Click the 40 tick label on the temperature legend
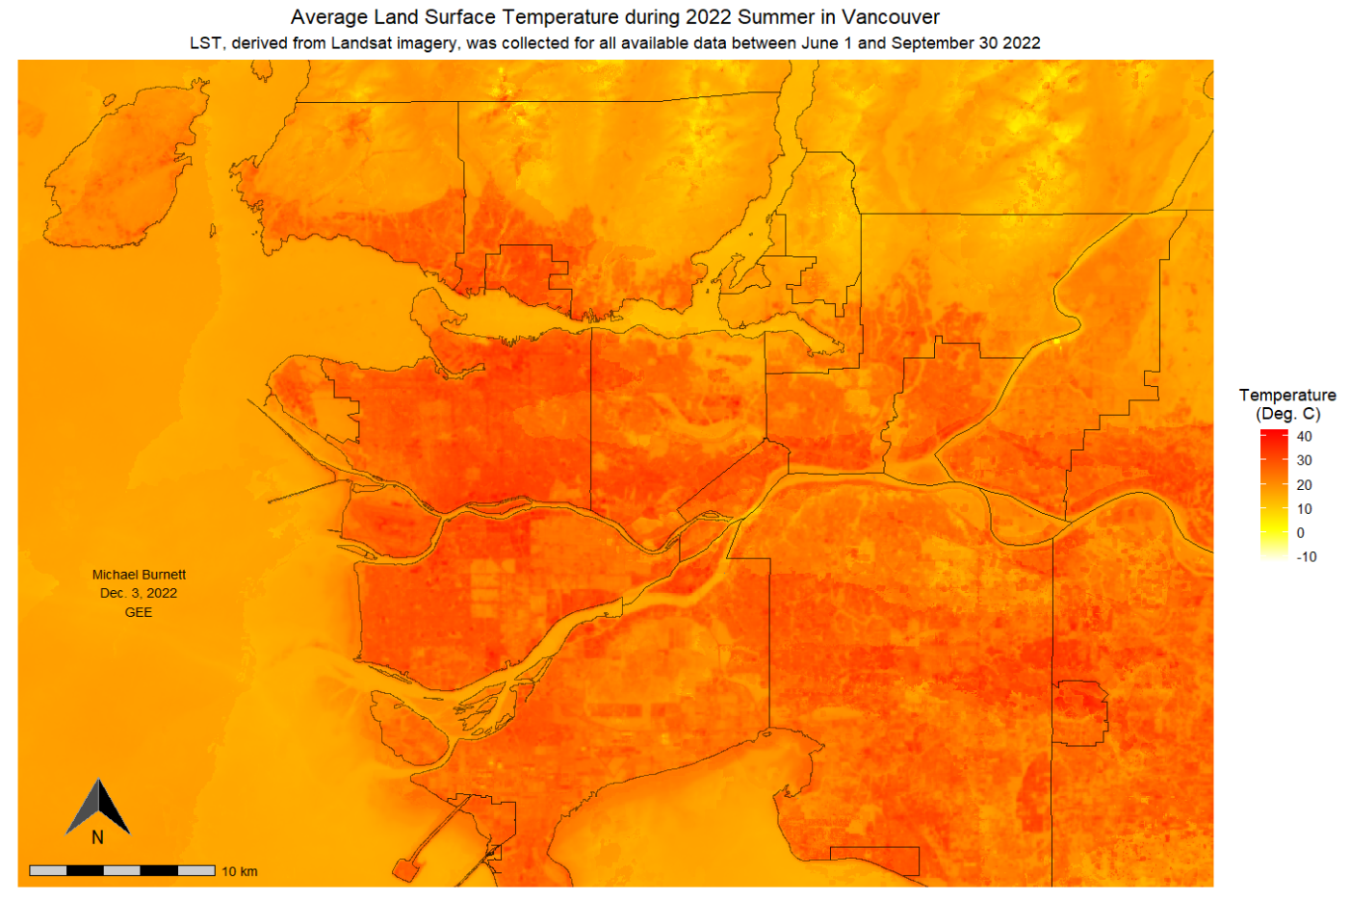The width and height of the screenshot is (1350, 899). tap(1304, 436)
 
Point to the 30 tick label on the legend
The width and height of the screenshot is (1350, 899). tap(1304, 460)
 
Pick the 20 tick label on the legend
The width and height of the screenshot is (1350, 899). tap(1304, 485)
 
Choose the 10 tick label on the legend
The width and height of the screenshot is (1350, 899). tap(1304, 509)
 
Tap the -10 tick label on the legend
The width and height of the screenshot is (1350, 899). tap(1306, 557)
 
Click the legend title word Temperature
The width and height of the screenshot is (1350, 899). tap(1287, 395)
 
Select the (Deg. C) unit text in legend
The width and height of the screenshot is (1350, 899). tap(1287, 414)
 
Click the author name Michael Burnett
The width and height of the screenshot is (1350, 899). tap(139, 575)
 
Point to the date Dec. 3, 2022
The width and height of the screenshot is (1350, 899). tap(139, 593)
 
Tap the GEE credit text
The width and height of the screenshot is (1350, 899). tap(139, 612)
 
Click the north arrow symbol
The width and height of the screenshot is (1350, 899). tap(98, 807)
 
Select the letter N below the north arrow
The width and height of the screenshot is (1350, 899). tap(97, 837)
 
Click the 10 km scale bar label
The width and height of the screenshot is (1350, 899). tap(240, 871)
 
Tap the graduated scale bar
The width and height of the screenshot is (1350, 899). tap(122, 870)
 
